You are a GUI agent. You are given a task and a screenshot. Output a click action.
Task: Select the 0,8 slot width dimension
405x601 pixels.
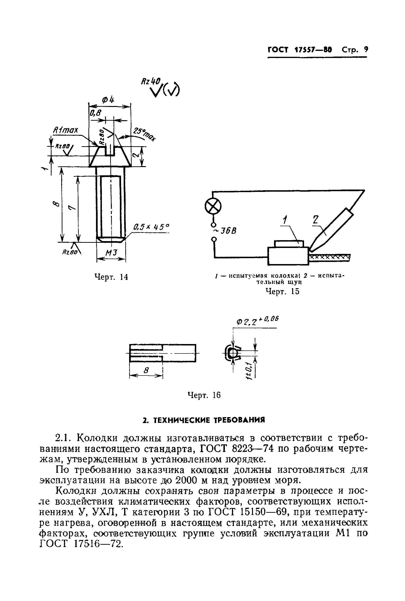(x=95, y=113)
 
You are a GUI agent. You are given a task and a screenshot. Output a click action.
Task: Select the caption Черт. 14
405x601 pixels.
(x=111, y=277)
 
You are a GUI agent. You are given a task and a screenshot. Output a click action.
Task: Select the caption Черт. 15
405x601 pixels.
(x=282, y=292)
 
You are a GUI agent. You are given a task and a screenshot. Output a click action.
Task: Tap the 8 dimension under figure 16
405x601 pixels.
(x=146, y=371)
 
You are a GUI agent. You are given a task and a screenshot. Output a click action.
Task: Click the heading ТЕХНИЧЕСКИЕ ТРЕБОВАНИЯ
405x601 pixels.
(x=204, y=420)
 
